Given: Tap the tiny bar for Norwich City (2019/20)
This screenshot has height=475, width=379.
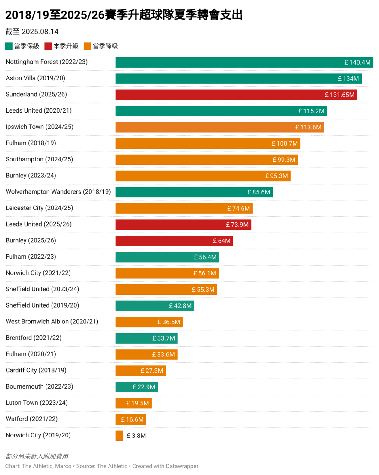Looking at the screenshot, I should pyautogui.click(x=119, y=436).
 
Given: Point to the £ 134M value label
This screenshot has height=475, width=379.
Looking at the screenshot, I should pyautogui.click(x=348, y=79).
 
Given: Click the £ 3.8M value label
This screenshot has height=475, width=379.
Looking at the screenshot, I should pyautogui.click(x=136, y=436).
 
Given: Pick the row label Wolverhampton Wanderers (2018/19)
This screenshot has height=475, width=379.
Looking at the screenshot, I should pyautogui.click(x=58, y=192).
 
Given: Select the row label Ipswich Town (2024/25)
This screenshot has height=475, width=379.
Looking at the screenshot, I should pyautogui.click(x=40, y=127).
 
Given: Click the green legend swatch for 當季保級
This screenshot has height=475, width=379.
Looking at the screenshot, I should pyautogui.click(x=9, y=46).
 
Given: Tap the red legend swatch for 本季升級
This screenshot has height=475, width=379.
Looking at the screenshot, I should pyautogui.click(x=48, y=46).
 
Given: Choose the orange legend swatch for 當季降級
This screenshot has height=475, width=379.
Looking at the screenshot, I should pyautogui.click(x=87, y=46).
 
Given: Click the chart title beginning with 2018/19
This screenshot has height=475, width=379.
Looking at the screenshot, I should pyautogui.click(x=124, y=15).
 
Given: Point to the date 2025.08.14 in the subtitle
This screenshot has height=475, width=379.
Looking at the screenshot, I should pyautogui.click(x=40, y=32).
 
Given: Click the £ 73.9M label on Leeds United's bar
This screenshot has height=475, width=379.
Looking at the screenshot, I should pyautogui.click(x=237, y=225).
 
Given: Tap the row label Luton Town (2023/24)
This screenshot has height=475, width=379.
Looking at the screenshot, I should pyautogui.click(x=37, y=403).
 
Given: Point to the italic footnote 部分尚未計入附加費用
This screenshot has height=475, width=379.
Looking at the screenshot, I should pyautogui.click(x=37, y=457).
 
